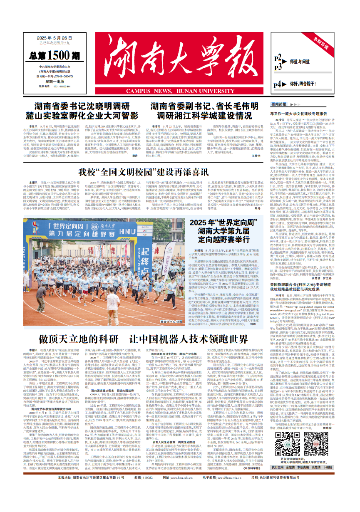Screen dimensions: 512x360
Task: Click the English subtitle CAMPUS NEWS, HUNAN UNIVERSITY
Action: point(170,91)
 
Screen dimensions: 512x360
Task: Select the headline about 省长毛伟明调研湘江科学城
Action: point(207,111)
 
